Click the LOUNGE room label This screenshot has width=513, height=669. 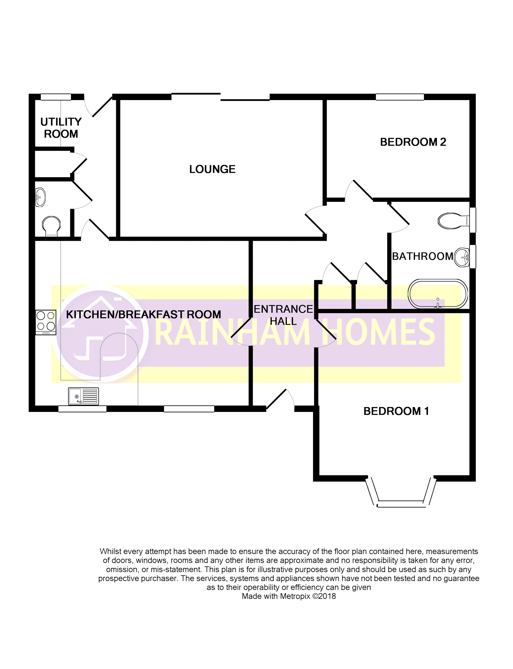tap(212, 169)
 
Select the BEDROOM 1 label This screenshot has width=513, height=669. tap(396, 411)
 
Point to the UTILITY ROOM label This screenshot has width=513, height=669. tap(61, 128)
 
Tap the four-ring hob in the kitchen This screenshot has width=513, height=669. tap(46, 322)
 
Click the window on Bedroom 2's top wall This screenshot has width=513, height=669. tap(399, 97)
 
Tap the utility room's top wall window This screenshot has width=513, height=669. tap(56, 97)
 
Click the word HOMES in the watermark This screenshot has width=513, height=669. tap(379, 332)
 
